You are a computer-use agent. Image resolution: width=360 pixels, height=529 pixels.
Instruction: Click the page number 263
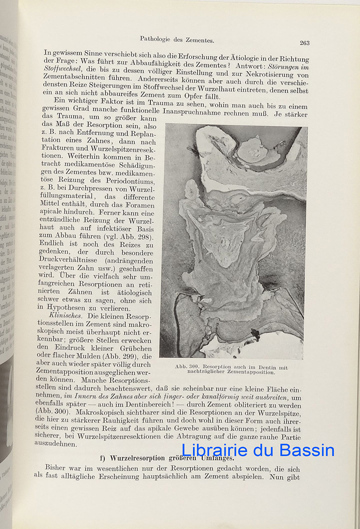coord(304,43)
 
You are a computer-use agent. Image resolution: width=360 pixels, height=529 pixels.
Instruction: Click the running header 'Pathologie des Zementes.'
coord(177,39)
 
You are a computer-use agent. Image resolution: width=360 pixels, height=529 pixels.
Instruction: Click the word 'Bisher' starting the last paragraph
coord(56,467)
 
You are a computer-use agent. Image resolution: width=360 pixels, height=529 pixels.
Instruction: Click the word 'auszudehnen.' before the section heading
coord(56,443)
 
